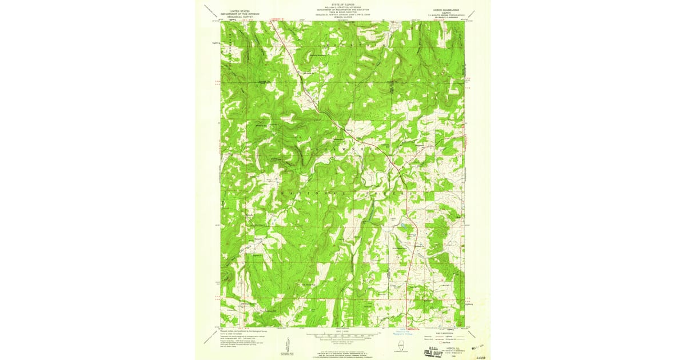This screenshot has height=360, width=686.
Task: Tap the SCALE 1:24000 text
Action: point(343,331)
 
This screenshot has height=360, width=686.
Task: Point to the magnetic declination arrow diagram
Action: point(286,345)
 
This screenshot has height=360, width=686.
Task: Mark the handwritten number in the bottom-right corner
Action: point(481,354)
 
